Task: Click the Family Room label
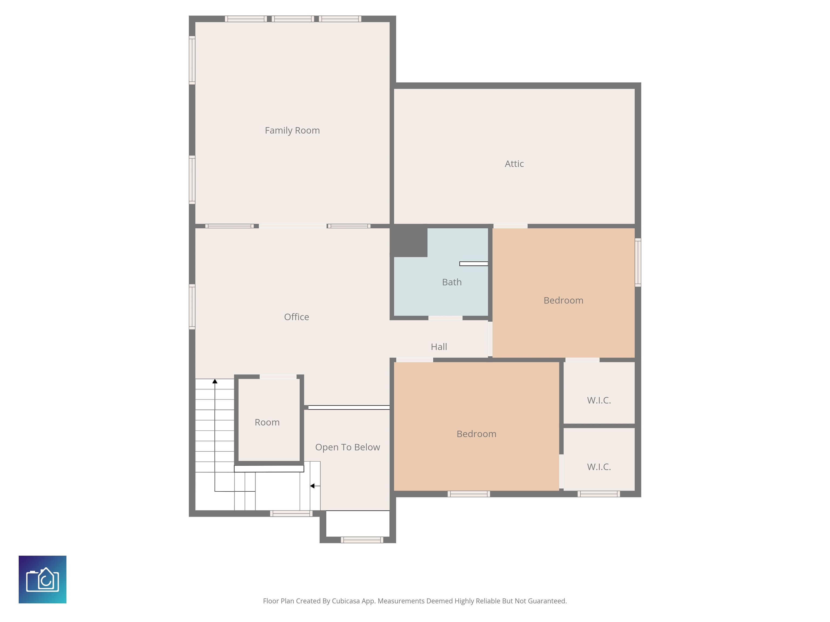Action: click(292, 130)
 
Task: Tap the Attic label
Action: click(514, 164)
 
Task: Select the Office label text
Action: click(296, 317)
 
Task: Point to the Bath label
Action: click(452, 282)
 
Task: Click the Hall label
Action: click(439, 347)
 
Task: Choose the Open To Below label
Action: click(347, 447)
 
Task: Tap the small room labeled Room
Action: click(267, 422)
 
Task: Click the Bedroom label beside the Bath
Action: click(563, 300)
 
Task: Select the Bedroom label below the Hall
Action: click(476, 434)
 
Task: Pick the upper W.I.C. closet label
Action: click(599, 400)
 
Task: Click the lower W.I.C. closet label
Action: click(599, 467)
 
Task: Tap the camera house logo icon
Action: click(42, 579)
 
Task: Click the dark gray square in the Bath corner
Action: click(410, 241)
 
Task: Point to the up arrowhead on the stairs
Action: click(215, 381)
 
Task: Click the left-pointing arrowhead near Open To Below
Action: click(312, 486)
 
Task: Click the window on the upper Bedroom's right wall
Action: click(638, 262)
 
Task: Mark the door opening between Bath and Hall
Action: click(445, 318)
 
